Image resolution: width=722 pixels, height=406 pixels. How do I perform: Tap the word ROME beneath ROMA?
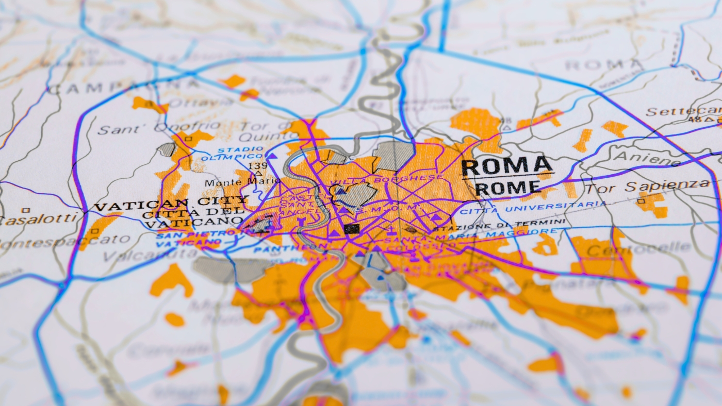coord(508,188)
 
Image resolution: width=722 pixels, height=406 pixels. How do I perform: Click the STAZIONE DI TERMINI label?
coord(499,225)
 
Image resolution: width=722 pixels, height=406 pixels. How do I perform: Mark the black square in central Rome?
coord(351,229)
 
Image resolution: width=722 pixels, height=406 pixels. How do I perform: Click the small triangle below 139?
coord(256,174)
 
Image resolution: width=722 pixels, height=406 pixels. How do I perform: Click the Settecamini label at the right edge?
coord(683,111)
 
